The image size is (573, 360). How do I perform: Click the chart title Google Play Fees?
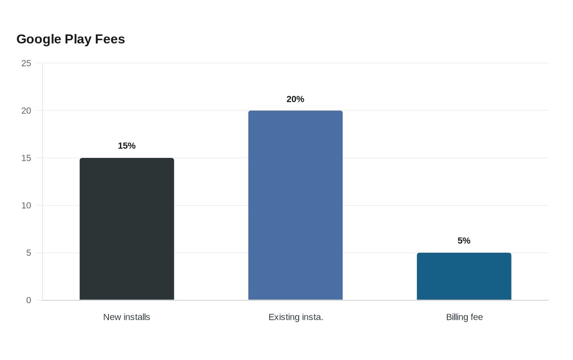point(70,39)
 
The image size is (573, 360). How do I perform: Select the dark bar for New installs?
point(127,229)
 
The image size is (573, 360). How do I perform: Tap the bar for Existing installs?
point(296,205)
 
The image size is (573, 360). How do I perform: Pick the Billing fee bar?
point(464,276)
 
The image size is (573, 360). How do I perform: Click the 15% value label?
point(126,146)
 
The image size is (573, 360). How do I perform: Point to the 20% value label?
point(295,99)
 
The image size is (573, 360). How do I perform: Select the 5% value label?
point(464,241)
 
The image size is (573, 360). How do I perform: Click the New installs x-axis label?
point(126,317)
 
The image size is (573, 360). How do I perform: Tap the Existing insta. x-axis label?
point(296,317)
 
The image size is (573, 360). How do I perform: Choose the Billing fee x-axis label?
point(464,317)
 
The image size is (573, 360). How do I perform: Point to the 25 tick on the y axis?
point(26,63)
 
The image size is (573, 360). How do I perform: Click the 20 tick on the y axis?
point(26,111)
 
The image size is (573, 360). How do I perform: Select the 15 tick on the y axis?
point(26,158)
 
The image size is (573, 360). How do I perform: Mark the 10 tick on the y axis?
point(26,205)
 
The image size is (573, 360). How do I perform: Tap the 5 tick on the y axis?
point(28,253)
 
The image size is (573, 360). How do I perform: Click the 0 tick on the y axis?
point(28,300)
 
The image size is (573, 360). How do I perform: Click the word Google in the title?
point(39,39)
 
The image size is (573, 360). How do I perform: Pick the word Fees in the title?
point(110,39)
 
